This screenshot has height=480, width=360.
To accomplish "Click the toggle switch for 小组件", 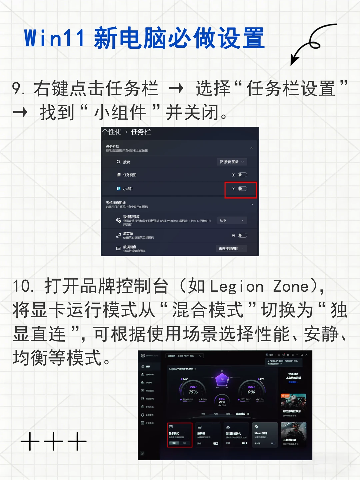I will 242,189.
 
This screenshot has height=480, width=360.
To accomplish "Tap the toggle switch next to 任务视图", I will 242,175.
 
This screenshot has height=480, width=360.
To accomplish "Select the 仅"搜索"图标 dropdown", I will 232,162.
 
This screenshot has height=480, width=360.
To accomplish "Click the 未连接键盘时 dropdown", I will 232,249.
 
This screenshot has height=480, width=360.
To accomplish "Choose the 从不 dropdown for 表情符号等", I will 232,220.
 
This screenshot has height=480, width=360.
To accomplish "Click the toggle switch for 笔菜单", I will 242,235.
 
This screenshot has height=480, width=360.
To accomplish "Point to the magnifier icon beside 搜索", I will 118,162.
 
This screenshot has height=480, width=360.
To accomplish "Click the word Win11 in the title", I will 54,38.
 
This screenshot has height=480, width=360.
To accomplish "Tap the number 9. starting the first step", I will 18,89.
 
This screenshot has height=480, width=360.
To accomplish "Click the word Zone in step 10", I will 291,287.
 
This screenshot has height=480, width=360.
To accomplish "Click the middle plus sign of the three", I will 53,441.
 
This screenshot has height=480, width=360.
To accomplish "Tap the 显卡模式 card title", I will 174,434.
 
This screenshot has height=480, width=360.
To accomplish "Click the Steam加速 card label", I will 261,433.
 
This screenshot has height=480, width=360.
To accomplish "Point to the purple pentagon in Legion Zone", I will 222,379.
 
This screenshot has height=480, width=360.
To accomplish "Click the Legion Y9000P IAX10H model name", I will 182,369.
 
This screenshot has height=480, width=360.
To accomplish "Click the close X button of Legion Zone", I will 307,355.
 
